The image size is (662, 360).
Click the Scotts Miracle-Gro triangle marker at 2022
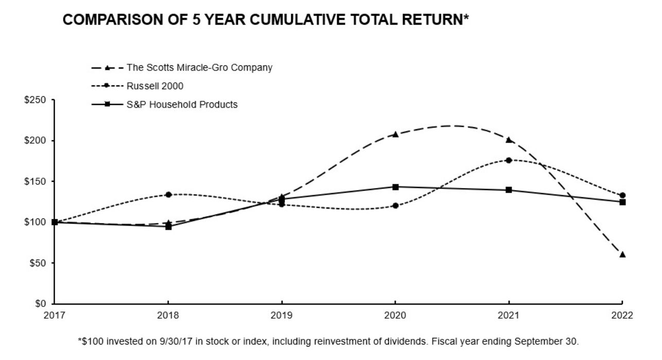622,254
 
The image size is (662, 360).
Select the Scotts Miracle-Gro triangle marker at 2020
395,134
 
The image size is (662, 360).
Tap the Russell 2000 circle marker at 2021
509,160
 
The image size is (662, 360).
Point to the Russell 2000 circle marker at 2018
168,195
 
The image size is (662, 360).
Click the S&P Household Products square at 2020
395,187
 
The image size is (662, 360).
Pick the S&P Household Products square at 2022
622,202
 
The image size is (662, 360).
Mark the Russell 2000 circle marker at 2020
395,205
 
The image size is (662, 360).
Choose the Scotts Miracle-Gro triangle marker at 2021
509,140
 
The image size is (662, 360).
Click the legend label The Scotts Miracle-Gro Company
200,67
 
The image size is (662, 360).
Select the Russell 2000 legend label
155,86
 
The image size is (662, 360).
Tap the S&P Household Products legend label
182,105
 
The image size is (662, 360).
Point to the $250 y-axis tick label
35,100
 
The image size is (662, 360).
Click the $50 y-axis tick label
38,263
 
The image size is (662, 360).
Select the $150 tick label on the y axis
35,181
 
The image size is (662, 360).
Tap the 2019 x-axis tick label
282,315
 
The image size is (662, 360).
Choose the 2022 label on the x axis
622,315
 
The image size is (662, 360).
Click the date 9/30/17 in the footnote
176,341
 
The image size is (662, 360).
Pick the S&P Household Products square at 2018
168,227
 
